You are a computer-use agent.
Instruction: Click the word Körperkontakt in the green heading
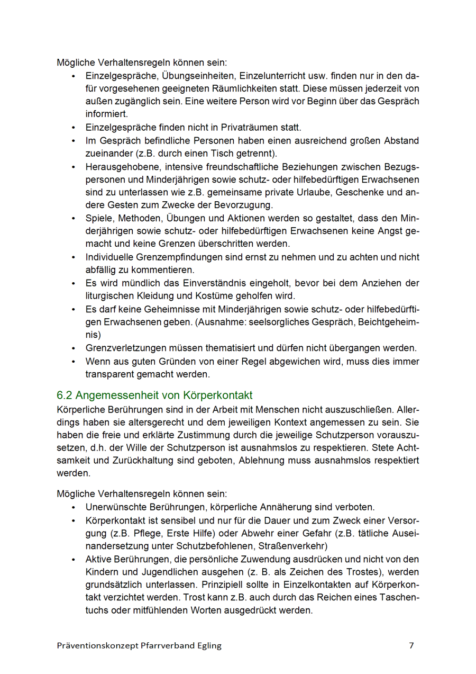(218, 395)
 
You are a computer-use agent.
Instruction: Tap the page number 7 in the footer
(411, 645)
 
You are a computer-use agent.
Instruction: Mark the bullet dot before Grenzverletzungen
(74, 348)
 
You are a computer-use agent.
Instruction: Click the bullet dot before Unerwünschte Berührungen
(74, 507)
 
